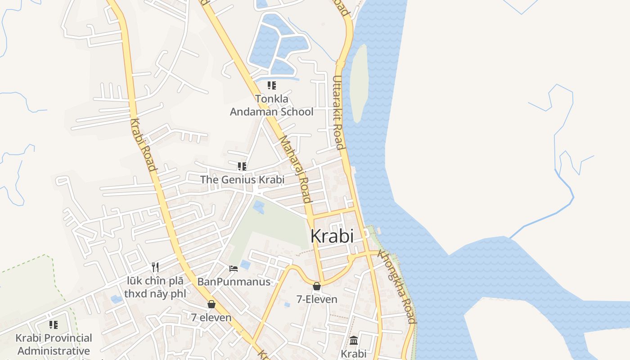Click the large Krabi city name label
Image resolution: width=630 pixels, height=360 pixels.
(x=332, y=236)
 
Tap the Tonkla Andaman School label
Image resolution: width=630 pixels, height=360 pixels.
(x=271, y=105)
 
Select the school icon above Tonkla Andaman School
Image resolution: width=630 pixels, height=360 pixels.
(x=271, y=85)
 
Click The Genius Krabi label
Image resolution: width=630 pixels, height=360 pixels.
(x=242, y=180)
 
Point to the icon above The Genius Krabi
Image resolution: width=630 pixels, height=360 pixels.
(x=242, y=166)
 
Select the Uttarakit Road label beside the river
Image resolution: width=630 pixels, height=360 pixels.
(x=338, y=112)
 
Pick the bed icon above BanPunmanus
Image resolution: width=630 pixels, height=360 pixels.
(x=234, y=269)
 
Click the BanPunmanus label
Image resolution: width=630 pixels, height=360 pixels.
(x=234, y=282)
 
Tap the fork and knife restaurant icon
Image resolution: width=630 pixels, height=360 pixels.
(x=155, y=267)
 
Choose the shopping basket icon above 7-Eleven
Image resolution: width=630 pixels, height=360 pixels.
(x=317, y=286)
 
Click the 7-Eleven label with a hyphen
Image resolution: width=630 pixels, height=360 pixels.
(x=317, y=299)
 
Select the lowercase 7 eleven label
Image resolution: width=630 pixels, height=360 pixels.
(x=211, y=317)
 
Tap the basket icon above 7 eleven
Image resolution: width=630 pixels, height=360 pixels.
(x=211, y=305)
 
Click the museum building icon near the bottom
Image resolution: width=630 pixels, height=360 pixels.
(x=354, y=341)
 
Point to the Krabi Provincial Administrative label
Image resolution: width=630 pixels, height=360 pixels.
(x=54, y=344)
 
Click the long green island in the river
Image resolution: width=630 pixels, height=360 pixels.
(x=359, y=83)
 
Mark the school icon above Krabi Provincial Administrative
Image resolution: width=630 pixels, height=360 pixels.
(x=54, y=324)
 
